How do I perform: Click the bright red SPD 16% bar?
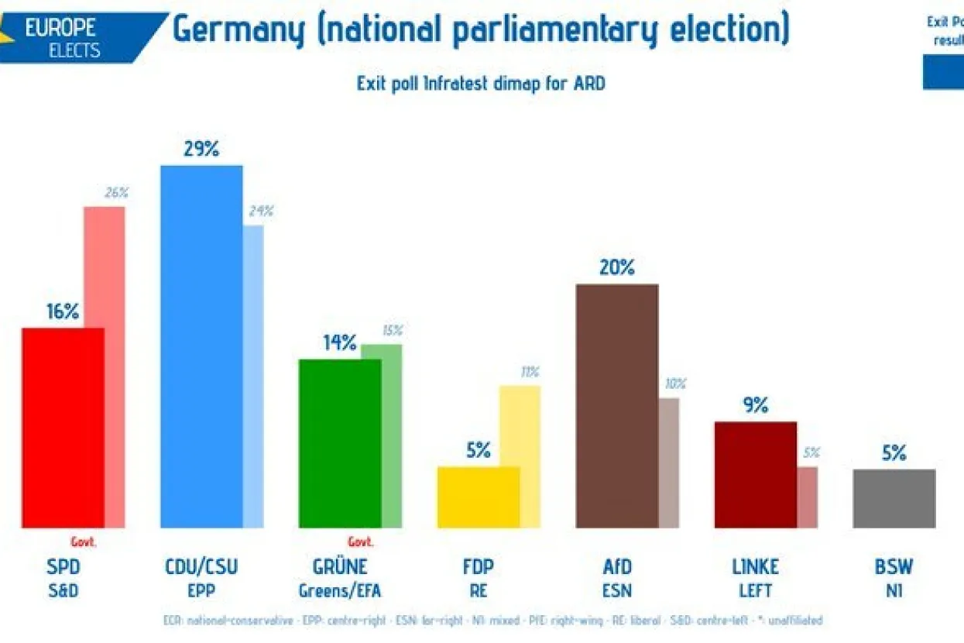click(63, 428)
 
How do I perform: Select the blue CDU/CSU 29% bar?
click(201, 346)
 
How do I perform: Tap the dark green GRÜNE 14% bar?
click(340, 443)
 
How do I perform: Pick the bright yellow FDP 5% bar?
click(479, 497)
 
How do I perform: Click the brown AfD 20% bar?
click(617, 406)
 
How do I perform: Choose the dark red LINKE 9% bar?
click(755, 474)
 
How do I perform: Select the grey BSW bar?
click(894, 498)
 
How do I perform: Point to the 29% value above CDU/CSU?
click(201, 149)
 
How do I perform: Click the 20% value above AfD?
click(617, 268)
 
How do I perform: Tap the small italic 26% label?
click(116, 193)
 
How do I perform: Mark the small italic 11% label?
click(530, 372)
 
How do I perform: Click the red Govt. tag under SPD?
click(84, 542)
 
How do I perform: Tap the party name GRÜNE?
click(340, 567)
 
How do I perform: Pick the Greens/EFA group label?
click(340, 591)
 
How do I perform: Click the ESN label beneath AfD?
click(617, 591)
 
